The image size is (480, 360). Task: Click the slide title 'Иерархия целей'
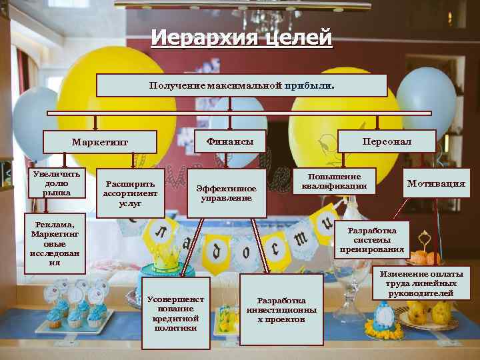tap(241, 38)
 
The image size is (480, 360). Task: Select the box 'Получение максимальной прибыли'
tap(241, 85)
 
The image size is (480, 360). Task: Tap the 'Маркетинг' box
tap(100, 142)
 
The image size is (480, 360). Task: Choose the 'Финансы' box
tap(230, 141)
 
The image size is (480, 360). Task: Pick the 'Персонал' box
tap(387, 141)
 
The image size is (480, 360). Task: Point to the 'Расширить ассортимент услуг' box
tap(131, 193)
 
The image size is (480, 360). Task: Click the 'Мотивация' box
tap(436, 183)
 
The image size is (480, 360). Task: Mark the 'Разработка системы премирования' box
tap(372, 240)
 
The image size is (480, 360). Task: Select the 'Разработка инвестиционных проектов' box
tap(281, 310)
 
